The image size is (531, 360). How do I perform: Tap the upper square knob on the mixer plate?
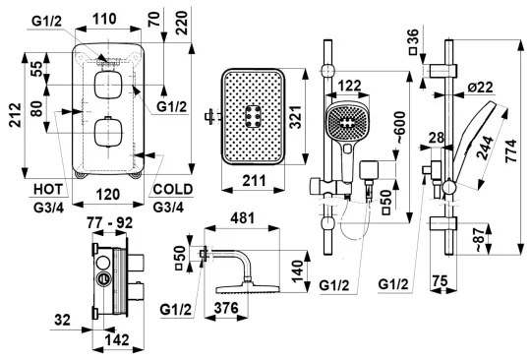click(106, 86)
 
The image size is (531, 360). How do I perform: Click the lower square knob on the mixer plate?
click(106, 134)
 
